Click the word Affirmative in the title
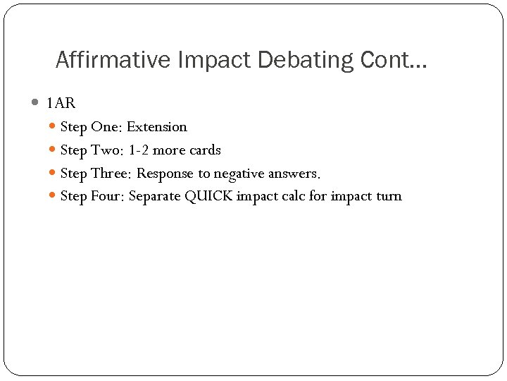coord(113,60)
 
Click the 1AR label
coord(61,104)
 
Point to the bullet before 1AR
coord(36,103)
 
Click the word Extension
coord(157,127)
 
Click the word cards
coord(205,150)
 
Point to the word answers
coord(294,174)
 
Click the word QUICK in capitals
coord(208,196)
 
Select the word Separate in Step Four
coord(155,196)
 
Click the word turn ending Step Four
coord(389,196)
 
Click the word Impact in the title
coord(215,60)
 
